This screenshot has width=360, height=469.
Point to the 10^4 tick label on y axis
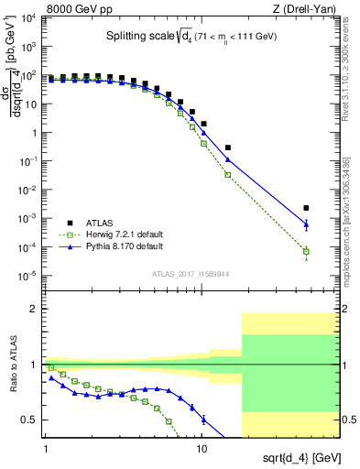click(29, 18)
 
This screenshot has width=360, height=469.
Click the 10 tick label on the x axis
click(202, 450)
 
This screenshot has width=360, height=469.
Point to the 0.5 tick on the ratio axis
click(31, 420)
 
